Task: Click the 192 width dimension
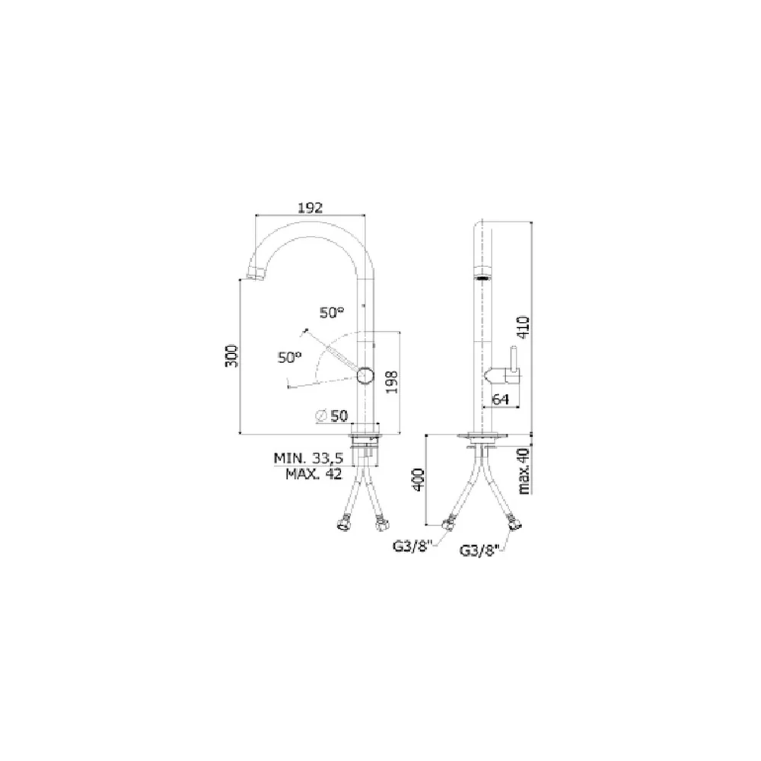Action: (x=310, y=208)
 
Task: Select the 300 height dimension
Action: (x=232, y=355)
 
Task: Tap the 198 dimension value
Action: (x=392, y=382)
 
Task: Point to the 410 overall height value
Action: (x=524, y=327)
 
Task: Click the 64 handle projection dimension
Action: (x=501, y=399)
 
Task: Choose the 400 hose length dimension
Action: (x=419, y=479)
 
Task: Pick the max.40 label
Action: (x=524, y=471)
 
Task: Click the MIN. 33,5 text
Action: (x=309, y=457)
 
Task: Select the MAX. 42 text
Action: (x=314, y=473)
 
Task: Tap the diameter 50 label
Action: (x=332, y=416)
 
